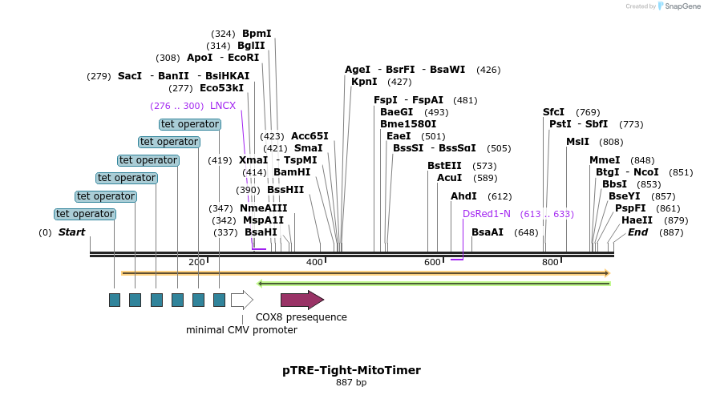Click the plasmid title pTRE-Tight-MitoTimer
click(x=351, y=370)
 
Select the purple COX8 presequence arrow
click(x=301, y=300)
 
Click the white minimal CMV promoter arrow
click(x=241, y=300)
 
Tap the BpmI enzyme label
click(x=257, y=34)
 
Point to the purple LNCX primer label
click(x=223, y=106)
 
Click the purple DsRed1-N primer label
click(x=486, y=214)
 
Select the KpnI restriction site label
click(x=364, y=82)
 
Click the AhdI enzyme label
click(x=463, y=196)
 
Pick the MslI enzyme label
click(x=577, y=142)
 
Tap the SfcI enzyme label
click(x=553, y=112)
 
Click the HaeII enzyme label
click(x=637, y=220)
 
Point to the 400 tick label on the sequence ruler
click(x=314, y=262)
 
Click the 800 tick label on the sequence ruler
click(x=550, y=262)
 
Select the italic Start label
click(x=71, y=232)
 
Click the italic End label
click(x=637, y=232)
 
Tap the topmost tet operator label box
click(x=190, y=124)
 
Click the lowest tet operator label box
click(x=85, y=214)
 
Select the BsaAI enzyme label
click(x=488, y=232)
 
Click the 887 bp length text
click(x=351, y=383)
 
